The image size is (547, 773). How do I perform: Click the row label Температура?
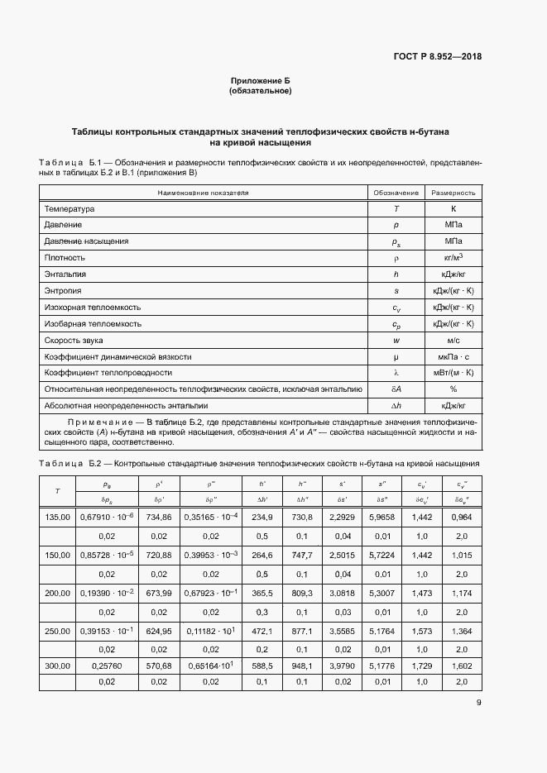(70, 209)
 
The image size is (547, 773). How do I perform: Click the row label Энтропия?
(64, 291)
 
